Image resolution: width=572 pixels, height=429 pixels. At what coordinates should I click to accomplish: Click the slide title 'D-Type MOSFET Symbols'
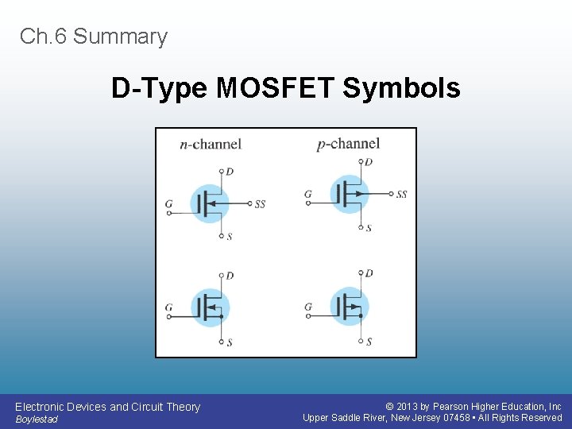[285, 88]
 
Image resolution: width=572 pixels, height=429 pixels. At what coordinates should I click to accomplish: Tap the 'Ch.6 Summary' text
[94, 37]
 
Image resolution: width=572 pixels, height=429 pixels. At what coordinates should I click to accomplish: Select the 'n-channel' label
[211, 144]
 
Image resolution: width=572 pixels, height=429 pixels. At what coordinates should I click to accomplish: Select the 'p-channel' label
[348, 144]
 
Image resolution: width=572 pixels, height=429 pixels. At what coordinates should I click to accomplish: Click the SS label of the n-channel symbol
[260, 204]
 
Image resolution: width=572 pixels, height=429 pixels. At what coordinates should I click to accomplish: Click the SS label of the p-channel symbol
[401, 195]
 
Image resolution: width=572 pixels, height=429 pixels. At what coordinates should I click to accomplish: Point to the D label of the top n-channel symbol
[230, 172]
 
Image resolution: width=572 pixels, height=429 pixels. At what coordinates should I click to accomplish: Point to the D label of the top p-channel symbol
[369, 162]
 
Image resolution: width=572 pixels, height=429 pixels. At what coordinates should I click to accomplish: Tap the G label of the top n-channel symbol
[168, 204]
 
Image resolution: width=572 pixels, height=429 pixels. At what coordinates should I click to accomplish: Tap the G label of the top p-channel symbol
[308, 194]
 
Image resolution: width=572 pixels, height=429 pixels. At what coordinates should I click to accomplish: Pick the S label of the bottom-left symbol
[230, 342]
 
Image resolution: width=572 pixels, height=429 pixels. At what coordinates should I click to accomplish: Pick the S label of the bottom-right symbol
[369, 342]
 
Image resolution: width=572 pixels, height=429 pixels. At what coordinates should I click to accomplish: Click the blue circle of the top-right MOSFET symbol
[349, 194]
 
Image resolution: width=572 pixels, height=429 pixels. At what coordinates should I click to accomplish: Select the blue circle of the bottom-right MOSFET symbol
[349, 307]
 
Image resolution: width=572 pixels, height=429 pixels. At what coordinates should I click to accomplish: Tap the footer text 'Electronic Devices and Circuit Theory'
[107, 407]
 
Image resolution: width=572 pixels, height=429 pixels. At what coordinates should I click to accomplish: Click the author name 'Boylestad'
[37, 419]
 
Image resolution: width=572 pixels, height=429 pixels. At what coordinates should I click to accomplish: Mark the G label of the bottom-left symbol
[168, 307]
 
